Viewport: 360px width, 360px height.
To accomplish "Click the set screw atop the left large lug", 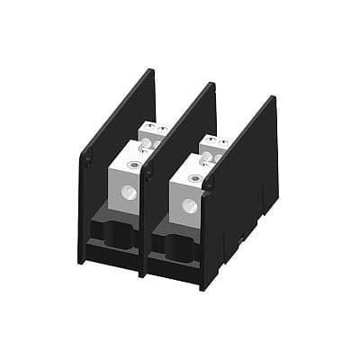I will click(x=133, y=163).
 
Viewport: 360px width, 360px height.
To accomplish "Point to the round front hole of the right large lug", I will click(x=188, y=204).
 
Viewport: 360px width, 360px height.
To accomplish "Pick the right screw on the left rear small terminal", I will click(x=160, y=130).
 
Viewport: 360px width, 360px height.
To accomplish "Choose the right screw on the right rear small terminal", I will click(x=219, y=140).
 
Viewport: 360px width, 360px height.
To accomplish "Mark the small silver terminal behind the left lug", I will click(x=154, y=137).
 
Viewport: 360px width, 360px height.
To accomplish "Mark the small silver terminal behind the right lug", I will click(x=213, y=146).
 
